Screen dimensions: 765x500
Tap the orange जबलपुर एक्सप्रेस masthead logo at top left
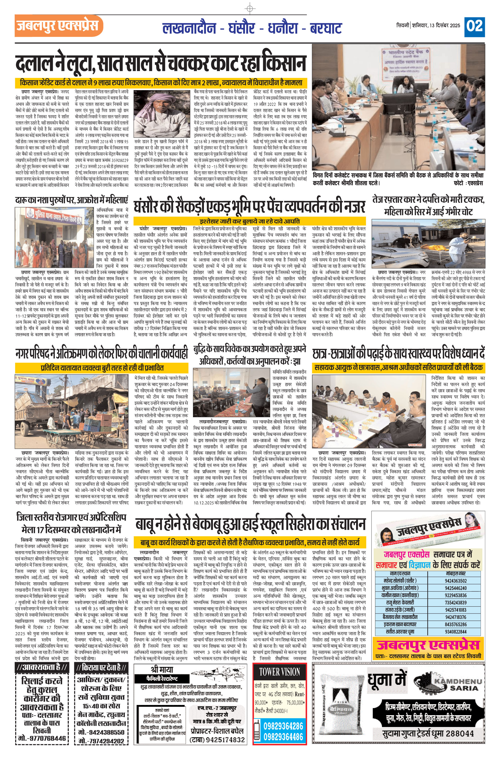[59, 26]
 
